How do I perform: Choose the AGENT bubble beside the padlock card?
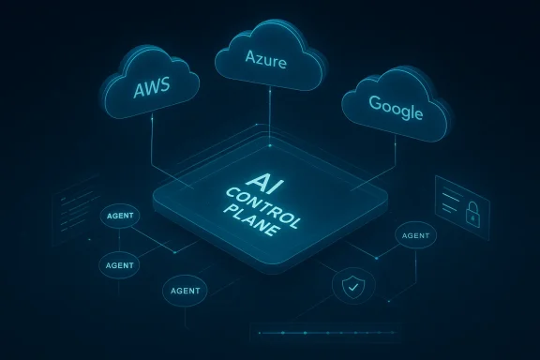[413, 235]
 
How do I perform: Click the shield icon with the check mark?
[352, 286]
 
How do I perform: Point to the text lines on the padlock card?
[453, 195]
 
